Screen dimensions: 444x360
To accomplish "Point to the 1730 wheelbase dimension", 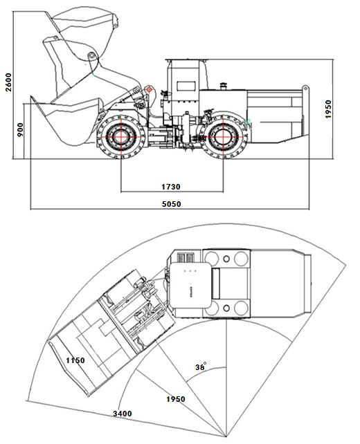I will coord(172,185).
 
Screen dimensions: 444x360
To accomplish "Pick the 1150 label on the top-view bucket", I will coord(75,361).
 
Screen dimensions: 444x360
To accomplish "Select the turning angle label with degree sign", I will coord(201,367).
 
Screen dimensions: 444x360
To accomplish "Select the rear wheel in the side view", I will coord(224,136).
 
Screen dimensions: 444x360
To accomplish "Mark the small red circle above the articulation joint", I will coord(148,89).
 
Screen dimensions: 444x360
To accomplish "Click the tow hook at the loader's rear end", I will coord(305,89).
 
